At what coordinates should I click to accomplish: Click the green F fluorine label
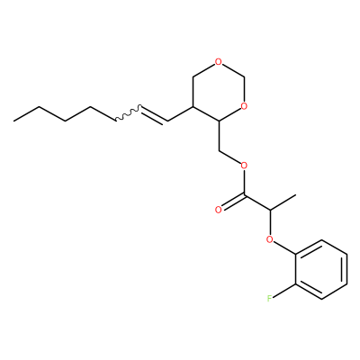tap(270, 298)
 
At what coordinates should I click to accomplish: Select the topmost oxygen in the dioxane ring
tap(219, 62)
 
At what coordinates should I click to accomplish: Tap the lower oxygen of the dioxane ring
tap(244, 106)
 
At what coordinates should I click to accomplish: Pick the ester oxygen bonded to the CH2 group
tap(244, 166)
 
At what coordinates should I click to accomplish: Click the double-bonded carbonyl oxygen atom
tap(219, 210)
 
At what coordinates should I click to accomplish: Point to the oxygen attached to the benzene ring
tap(270, 239)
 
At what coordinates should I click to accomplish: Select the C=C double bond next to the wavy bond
tap(155, 115)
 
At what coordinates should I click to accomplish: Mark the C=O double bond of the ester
tap(232, 202)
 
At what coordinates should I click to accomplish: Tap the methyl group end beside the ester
tap(296, 195)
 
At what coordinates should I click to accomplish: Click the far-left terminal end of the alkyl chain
tap(13, 121)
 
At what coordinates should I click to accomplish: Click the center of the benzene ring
tap(321, 269)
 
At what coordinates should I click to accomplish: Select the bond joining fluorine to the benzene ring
tap(284, 291)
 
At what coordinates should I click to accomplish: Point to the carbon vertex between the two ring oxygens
tap(245, 76)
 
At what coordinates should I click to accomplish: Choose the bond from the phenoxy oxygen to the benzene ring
tap(284, 247)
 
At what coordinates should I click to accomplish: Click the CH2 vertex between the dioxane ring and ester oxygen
tap(219, 150)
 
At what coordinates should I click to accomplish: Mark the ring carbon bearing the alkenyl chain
tap(193, 106)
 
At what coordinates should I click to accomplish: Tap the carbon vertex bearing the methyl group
tap(270, 210)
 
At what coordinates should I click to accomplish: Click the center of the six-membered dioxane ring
tap(219, 92)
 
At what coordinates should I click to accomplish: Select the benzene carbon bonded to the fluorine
tap(296, 283)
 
